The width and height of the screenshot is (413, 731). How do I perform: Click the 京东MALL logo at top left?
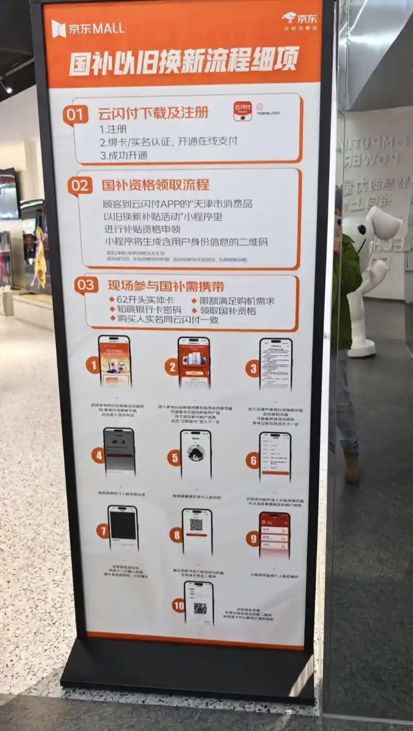click(x=87, y=28)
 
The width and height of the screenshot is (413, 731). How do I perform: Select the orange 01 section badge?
click(x=76, y=114)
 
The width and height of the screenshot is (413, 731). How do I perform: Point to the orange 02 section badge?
click(x=80, y=185)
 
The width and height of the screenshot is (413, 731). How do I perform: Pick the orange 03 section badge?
click(x=86, y=285)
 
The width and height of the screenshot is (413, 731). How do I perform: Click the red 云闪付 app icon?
click(x=242, y=111)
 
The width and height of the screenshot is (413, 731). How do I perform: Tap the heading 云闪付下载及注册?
click(x=153, y=113)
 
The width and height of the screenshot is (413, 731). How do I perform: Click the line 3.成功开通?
click(x=123, y=155)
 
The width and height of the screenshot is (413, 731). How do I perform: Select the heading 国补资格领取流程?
click(x=155, y=185)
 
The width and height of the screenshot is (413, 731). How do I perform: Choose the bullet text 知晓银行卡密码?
click(x=145, y=310)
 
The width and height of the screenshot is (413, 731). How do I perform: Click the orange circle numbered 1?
click(x=93, y=365)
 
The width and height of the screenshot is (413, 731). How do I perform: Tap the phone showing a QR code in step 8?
click(x=196, y=531)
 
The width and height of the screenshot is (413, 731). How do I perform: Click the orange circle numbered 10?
click(x=178, y=605)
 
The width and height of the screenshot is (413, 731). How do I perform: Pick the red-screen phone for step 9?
click(x=274, y=535)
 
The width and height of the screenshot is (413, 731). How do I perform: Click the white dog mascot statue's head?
click(x=378, y=224)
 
